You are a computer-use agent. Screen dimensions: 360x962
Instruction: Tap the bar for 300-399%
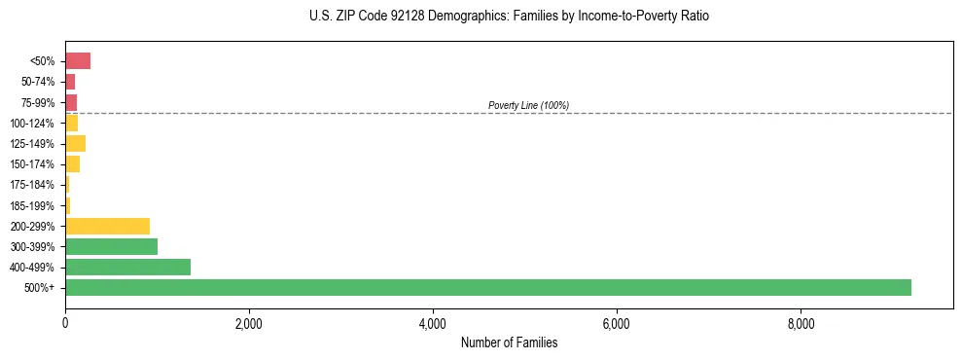[x=111, y=246]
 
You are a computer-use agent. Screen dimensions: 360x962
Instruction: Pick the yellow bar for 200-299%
[x=107, y=226]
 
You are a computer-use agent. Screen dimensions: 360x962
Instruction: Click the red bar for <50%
[x=78, y=61]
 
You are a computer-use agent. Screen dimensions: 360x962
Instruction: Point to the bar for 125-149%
[x=75, y=144]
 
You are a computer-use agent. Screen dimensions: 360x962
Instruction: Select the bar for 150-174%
[x=72, y=164]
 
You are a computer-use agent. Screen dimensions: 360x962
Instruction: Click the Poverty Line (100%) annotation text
[x=528, y=105]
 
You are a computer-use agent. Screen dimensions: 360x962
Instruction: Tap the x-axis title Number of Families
[x=509, y=342]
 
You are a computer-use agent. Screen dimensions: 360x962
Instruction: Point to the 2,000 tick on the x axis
[x=249, y=322]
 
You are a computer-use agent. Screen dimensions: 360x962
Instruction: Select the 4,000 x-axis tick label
[x=433, y=322]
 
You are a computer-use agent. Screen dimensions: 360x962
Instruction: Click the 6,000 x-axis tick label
[x=617, y=322]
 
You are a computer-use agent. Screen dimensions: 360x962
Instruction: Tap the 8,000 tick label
[x=801, y=322]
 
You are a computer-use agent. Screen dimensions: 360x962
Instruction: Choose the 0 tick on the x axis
[x=65, y=322]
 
